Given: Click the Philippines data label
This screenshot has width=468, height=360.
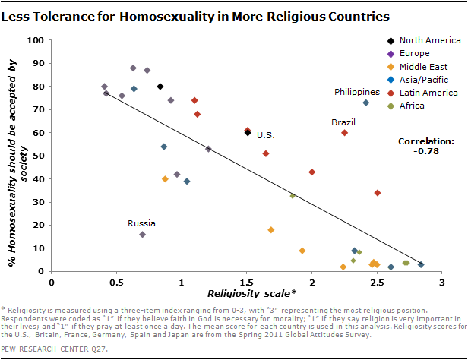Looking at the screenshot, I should point(357,92).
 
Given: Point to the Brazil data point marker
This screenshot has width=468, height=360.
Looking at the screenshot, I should point(345,132).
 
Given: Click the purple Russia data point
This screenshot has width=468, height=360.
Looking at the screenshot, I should point(142,235).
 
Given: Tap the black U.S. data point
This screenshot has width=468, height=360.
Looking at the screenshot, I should point(247,132).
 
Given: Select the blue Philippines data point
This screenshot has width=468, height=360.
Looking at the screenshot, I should point(366,103).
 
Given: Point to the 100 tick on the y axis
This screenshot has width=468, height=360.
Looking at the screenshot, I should point(34,40).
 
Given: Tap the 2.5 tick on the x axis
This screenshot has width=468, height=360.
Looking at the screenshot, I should point(377,282).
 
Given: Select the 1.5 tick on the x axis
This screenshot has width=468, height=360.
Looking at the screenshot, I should point(247,282).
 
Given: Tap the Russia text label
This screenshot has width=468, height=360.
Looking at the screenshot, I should point(141,223).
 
